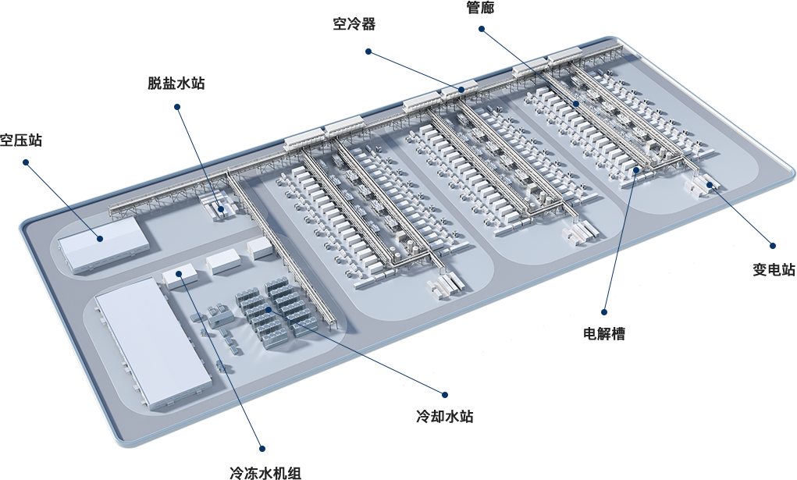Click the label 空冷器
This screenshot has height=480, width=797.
coord(354,24)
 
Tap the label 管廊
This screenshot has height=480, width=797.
coord(480,7)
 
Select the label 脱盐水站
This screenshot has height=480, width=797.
coord(176,83)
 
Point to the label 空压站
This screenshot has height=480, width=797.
coord(21,140)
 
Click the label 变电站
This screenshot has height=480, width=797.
coord(774,269)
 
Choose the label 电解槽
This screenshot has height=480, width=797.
coord(604,333)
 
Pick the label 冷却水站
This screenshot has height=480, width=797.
coord(445,417)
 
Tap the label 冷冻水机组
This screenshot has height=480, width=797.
coord(265,473)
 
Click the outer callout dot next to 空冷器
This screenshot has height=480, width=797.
coord(368,52)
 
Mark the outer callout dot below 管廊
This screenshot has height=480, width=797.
coord(481,30)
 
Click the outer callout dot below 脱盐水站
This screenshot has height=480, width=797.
coord(177,107)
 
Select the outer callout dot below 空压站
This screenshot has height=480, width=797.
coord(26,162)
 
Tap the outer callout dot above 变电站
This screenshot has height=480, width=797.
coord(773,246)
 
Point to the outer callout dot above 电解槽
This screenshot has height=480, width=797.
coord(604,311)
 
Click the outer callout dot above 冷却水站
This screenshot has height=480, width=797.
coord(445,394)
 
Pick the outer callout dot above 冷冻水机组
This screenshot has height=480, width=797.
coord(262,449)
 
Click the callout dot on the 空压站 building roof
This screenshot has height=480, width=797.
coord(100,238)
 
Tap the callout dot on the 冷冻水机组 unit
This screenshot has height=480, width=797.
coord(179,273)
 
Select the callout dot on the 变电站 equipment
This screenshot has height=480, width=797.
coord(709,184)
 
